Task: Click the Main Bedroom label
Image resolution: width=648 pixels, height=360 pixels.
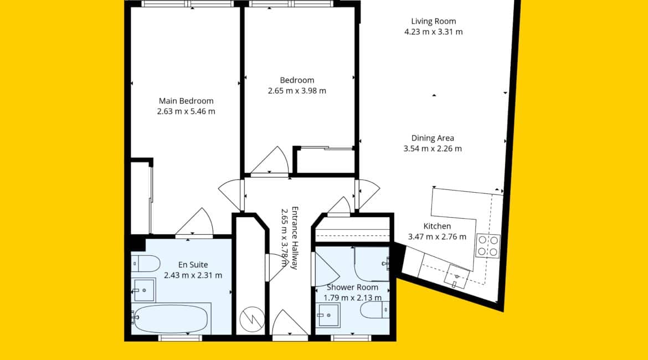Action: tap(186, 101)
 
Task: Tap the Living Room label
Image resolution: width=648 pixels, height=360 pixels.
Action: tap(434, 21)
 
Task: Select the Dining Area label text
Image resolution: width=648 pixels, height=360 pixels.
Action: tap(433, 138)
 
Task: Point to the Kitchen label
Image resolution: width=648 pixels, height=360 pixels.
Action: tap(437, 226)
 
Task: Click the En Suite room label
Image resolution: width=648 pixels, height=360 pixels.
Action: tap(193, 265)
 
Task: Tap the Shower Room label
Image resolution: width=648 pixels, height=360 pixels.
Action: tap(352, 287)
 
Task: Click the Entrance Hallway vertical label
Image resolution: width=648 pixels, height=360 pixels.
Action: tap(295, 238)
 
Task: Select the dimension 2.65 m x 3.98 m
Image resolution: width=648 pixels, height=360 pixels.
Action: tap(297, 91)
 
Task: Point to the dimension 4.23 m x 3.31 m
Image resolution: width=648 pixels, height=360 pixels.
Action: tap(434, 32)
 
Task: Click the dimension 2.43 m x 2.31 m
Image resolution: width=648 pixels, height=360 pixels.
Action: tap(193, 275)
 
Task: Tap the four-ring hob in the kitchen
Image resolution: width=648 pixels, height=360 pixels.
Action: tap(487, 245)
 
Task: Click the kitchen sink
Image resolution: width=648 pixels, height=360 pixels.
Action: tap(457, 276)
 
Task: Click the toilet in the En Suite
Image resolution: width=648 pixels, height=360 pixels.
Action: tap(146, 263)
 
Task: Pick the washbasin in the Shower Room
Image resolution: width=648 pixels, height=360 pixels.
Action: tap(328, 315)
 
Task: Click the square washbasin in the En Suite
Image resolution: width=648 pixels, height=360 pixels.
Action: tap(143, 290)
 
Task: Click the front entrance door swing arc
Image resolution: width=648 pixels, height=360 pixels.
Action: tap(289, 322)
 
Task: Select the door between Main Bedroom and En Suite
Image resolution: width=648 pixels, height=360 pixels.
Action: tap(194, 222)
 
